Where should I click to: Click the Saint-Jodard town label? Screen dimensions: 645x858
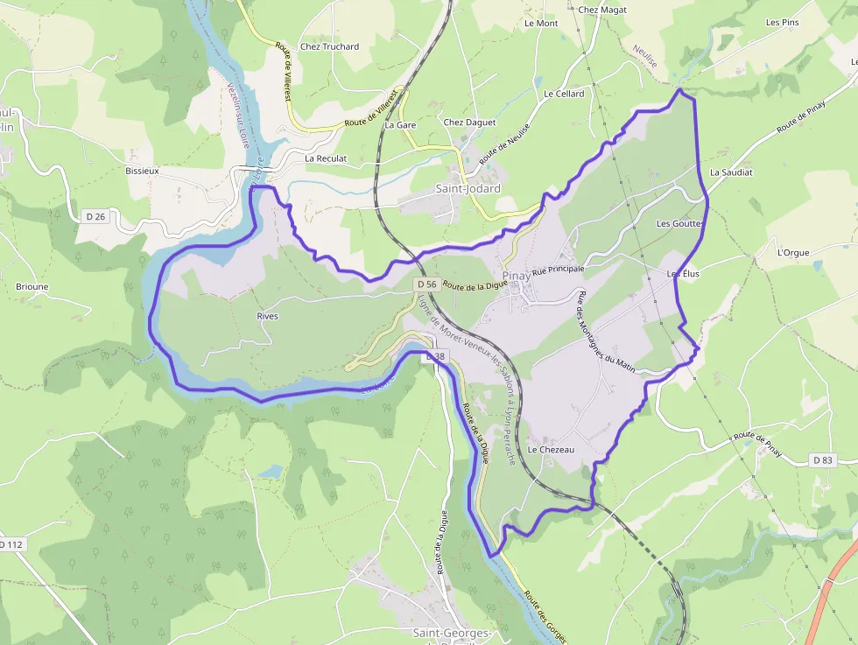(x=468, y=189)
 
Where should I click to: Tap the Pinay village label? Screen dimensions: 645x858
(x=516, y=275)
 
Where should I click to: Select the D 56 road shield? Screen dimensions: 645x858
(x=426, y=284)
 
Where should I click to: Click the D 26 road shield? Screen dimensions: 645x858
(x=95, y=215)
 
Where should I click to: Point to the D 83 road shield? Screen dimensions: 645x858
(x=822, y=459)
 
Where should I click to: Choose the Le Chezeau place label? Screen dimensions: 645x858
(x=550, y=450)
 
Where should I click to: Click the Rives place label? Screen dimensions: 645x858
(x=267, y=316)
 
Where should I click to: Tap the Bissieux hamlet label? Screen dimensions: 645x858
(x=142, y=172)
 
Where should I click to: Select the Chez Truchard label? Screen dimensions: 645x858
(x=329, y=46)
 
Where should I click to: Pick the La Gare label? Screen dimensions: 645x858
(x=400, y=125)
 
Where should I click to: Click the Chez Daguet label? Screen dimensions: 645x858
(x=469, y=123)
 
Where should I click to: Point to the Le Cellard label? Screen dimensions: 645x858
(x=564, y=94)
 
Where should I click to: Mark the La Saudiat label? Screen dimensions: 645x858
(x=731, y=172)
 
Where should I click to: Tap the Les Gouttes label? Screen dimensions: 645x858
(x=679, y=223)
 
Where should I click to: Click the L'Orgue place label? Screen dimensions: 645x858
(x=793, y=253)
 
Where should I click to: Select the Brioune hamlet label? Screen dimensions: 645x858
(x=32, y=286)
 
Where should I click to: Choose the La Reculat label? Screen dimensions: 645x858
(x=326, y=158)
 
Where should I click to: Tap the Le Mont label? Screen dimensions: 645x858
(x=541, y=24)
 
